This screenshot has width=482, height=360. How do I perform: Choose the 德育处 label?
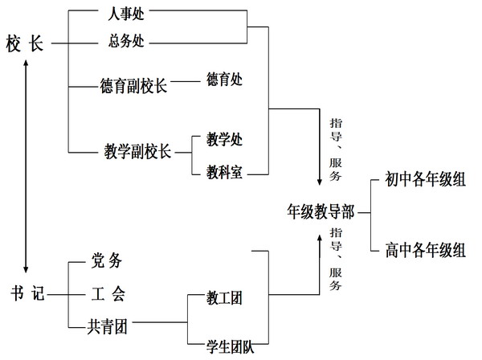224,80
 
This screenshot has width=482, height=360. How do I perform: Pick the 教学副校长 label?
138,151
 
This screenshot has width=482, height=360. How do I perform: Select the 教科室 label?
224,170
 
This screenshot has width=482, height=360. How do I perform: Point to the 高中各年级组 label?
424,250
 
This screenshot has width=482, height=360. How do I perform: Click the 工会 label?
108,294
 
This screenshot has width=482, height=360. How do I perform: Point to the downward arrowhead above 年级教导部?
319,184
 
